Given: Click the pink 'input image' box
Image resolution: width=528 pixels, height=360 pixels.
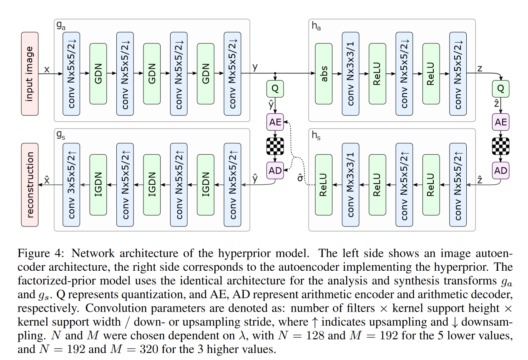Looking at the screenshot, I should click(30, 74).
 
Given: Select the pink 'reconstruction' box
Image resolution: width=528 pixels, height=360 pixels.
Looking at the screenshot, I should click(30, 184).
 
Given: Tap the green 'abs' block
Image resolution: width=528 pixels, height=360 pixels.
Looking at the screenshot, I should click(324, 74).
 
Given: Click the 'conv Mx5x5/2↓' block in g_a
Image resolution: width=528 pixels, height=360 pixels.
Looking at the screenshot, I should click(232, 74).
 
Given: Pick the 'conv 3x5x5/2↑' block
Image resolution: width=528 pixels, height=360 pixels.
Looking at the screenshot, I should click(71, 184).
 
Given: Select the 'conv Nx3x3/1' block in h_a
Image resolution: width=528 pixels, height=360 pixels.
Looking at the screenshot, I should click(351, 74).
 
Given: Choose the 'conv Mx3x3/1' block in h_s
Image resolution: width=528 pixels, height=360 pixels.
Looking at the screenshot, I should click(351, 184).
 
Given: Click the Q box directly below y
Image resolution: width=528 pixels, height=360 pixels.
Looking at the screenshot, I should click(275, 89).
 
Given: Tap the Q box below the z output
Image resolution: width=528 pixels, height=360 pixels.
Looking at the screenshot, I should click(500, 89).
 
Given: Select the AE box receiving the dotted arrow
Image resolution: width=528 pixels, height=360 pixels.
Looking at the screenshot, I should click(275, 122).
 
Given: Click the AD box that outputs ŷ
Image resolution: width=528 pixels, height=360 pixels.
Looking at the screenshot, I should click(275, 170).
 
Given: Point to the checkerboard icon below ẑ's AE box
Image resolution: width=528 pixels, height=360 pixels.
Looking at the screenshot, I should click(500, 146).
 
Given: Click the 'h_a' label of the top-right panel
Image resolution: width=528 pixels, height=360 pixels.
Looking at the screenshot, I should click(317, 26).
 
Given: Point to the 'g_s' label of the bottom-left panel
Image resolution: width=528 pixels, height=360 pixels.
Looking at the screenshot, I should click(61, 136).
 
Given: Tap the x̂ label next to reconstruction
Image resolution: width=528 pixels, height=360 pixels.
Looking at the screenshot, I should click(47, 180).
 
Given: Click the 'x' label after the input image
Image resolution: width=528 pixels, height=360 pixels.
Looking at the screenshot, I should click(47, 70).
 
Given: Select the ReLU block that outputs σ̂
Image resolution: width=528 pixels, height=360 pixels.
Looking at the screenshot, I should click(324, 184).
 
